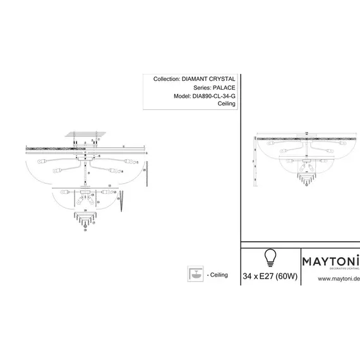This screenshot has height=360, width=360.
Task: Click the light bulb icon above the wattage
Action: (270, 256)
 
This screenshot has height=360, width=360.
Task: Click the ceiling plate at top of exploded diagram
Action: (84, 134)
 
